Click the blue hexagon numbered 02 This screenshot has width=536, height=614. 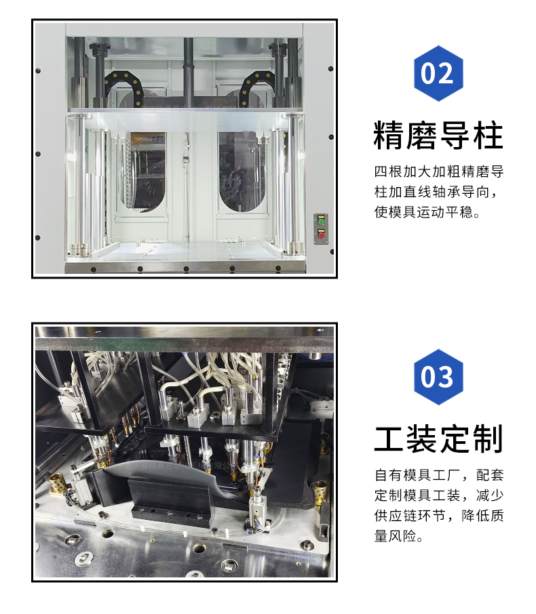(438, 73)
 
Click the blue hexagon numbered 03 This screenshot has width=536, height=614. (438, 377)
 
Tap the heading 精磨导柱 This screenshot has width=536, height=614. (438, 136)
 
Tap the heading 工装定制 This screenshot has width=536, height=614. (438, 438)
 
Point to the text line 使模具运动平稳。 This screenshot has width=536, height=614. (427, 212)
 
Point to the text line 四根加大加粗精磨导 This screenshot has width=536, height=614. (439, 171)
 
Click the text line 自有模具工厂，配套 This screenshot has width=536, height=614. (439, 475)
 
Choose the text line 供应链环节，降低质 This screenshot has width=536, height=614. (439, 515)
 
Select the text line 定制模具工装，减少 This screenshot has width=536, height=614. (439, 495)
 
